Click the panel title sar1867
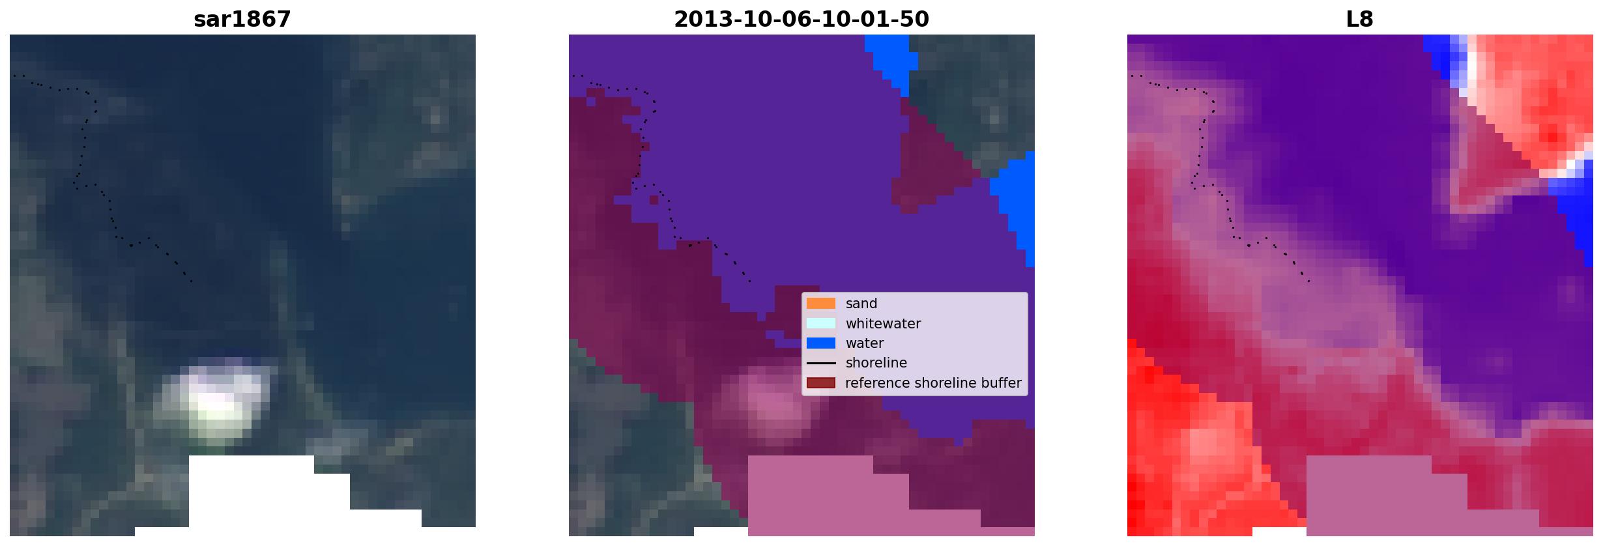tap(242, 20)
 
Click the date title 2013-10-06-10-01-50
tap(801, 20)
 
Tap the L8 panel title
tap(1359, 20)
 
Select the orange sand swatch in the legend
tap(821, 304)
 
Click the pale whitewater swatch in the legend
tap(821, 323)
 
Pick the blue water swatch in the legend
tap(821, 343)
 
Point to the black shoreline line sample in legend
tap(821, 363)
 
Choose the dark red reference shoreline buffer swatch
tap(821, 383)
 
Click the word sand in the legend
tap(861, 304)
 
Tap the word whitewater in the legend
tap(883, 323)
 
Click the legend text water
tap(865, 343)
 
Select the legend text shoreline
tap(876, 363)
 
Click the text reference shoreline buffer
tap(933, 383)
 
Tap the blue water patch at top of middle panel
tap(891, 59)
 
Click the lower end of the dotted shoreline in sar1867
tap(191, 281)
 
